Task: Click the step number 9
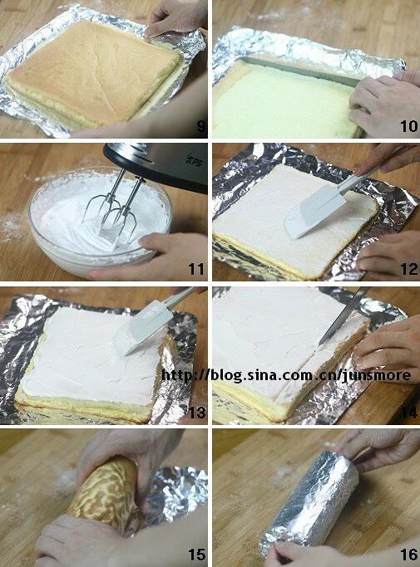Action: [201, 126]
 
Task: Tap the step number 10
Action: [408, 126]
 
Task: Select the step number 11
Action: [196, 269]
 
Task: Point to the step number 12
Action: [408, 269]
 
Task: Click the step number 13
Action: [197, 413]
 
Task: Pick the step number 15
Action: [197, 555]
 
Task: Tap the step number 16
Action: [408, 555]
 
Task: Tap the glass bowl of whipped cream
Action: [101, 221]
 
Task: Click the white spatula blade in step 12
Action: [314, 214]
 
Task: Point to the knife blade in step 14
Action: [343, 315]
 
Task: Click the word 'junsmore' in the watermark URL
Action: [376, 375]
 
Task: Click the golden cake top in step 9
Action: [93, 71]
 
